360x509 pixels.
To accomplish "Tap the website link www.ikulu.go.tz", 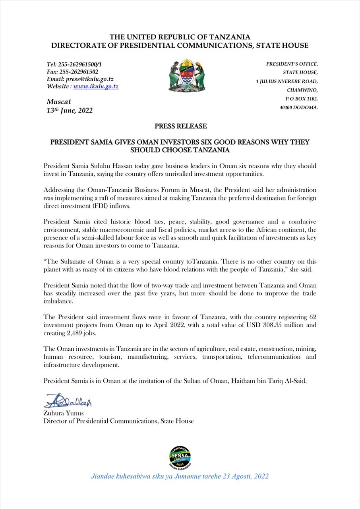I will [x=96, y=86].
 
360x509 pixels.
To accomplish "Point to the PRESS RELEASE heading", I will [x=181, y=126].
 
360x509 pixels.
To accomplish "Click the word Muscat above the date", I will [x=59, y=102].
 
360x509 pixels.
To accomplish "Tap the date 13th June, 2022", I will [x=70, y=110].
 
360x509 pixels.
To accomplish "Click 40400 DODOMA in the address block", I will [x=299, y=107].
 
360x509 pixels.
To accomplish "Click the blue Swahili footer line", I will [x=180, y=476].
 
